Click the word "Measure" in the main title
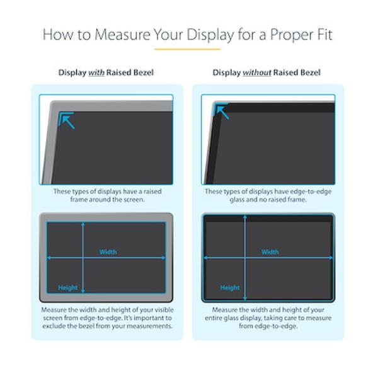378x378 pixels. click(122, 35)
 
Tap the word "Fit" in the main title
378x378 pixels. click(324, 35)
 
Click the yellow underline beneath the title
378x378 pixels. click(188, 49)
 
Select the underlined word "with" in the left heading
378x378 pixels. click(96, 72)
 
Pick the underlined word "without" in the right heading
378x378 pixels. click(257, 72)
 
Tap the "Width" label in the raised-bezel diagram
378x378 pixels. click(108, 252)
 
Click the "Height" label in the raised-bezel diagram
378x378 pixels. click(68, 288)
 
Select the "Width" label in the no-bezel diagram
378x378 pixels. click(270, 252)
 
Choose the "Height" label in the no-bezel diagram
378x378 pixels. click(230, 288)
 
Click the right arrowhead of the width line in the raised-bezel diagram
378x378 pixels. click(163, 258)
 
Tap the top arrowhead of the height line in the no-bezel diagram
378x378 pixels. click(245, 217)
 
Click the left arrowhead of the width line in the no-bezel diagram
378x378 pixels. click(206, 258)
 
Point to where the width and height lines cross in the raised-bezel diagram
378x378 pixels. click(83, 258)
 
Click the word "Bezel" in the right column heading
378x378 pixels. click(309, 72)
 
